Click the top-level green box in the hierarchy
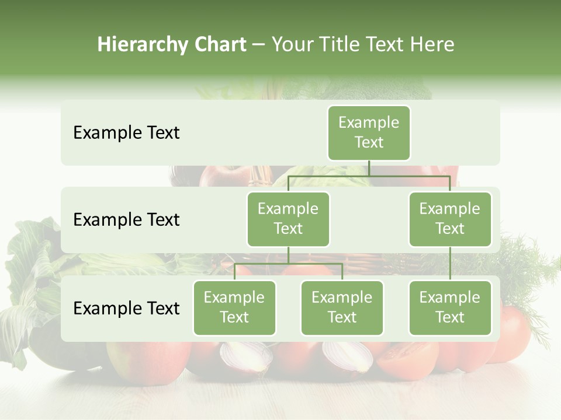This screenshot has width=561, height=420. pos(369,132)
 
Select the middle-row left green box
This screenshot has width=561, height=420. pos(288,219)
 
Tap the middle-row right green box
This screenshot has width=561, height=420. pos(450,219)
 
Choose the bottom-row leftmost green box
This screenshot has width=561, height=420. pos(234,307)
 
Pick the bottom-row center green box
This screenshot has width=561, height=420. pos(342,307)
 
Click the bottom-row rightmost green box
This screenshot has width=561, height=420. pos(450,307)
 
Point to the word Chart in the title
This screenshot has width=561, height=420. pos(217,44)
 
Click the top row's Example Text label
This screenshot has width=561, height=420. pos(126,133)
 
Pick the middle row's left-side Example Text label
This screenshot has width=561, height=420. pos(126,220)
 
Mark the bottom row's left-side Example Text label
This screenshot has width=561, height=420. pos(126,309)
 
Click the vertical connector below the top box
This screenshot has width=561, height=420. pos(369,168)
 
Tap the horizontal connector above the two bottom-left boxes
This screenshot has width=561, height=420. pos(288,264)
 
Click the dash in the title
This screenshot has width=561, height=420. pos(259,45)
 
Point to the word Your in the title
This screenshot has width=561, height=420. pos(291,44)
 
